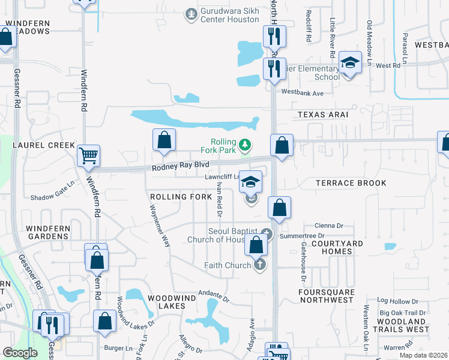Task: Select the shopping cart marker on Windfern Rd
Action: coord(88,156)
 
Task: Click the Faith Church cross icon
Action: coord(259,265)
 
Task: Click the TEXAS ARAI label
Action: coord(323,114)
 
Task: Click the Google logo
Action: coord(19,353)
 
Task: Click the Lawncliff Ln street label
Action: coord(221,177)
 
